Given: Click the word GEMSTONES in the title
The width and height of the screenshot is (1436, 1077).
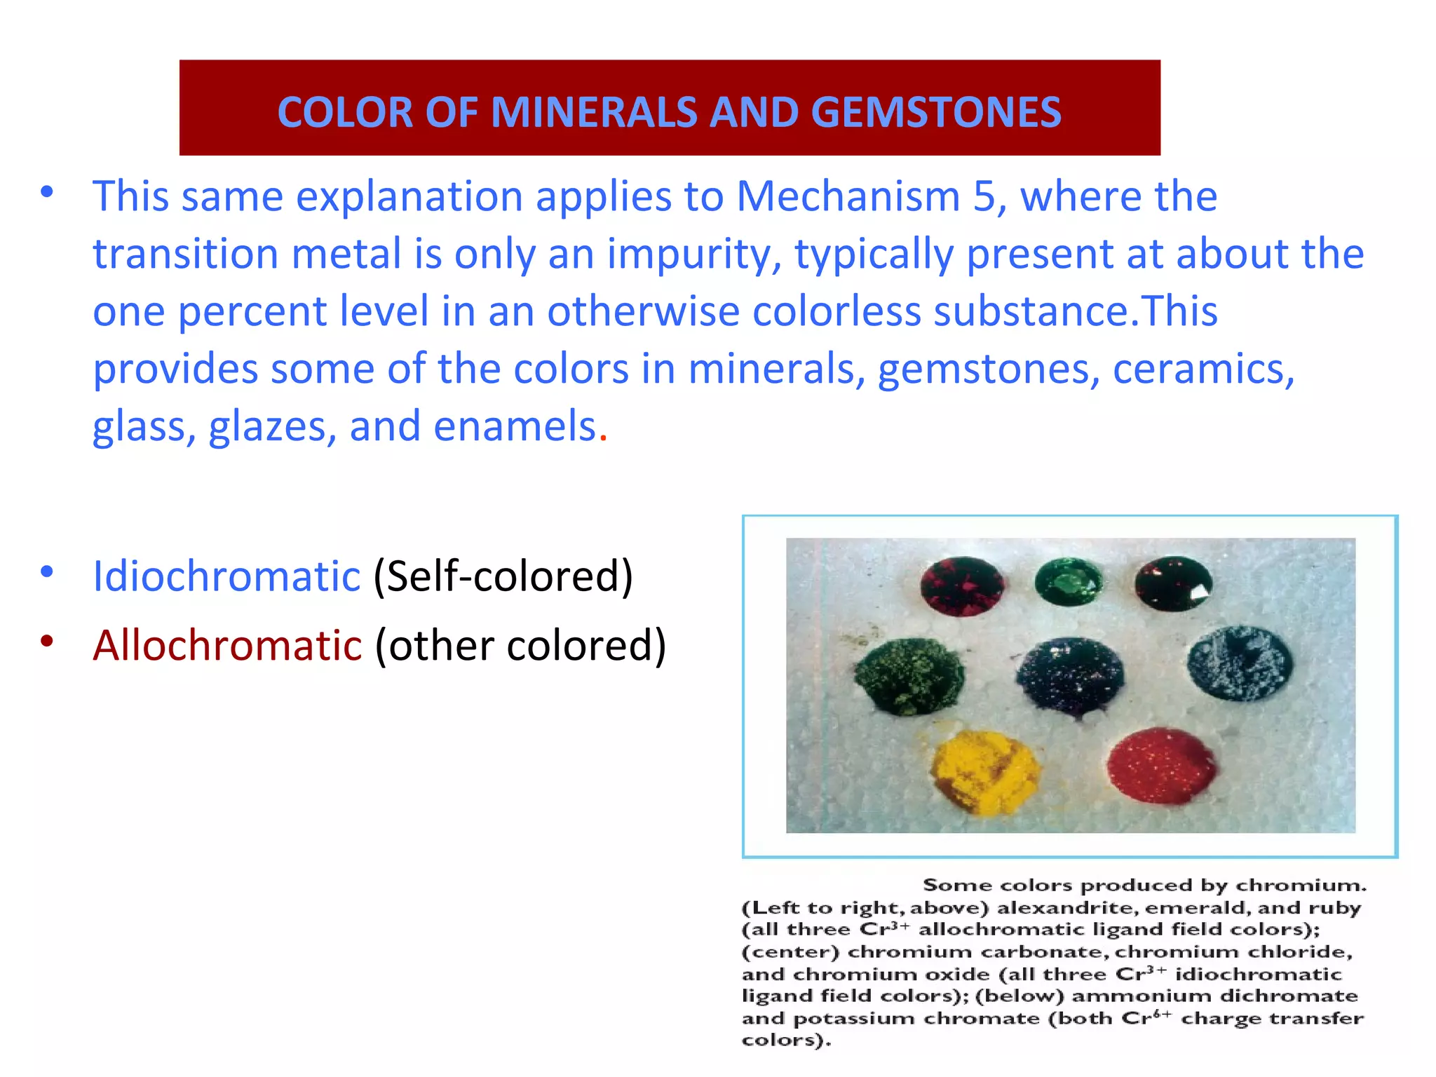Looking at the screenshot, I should coord(936,112).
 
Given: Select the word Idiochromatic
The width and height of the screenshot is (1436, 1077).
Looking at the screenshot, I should coord(226,576).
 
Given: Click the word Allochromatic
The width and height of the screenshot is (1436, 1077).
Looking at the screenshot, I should coord(227,645).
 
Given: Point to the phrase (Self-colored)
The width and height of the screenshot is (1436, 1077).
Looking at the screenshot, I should coord(503,576).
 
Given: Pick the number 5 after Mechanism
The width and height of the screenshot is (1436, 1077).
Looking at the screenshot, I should coord(984,196).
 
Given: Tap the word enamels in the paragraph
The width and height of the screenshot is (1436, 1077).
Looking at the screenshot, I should coord(515,426).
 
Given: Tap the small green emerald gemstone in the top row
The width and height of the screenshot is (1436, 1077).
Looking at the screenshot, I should coord(1069,581).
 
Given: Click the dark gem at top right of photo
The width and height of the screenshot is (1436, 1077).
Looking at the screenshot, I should coord(1172,583).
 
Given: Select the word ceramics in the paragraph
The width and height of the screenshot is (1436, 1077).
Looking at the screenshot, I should coord(1203,369).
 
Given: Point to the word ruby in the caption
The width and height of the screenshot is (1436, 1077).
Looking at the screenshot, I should coord(1339,908).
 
